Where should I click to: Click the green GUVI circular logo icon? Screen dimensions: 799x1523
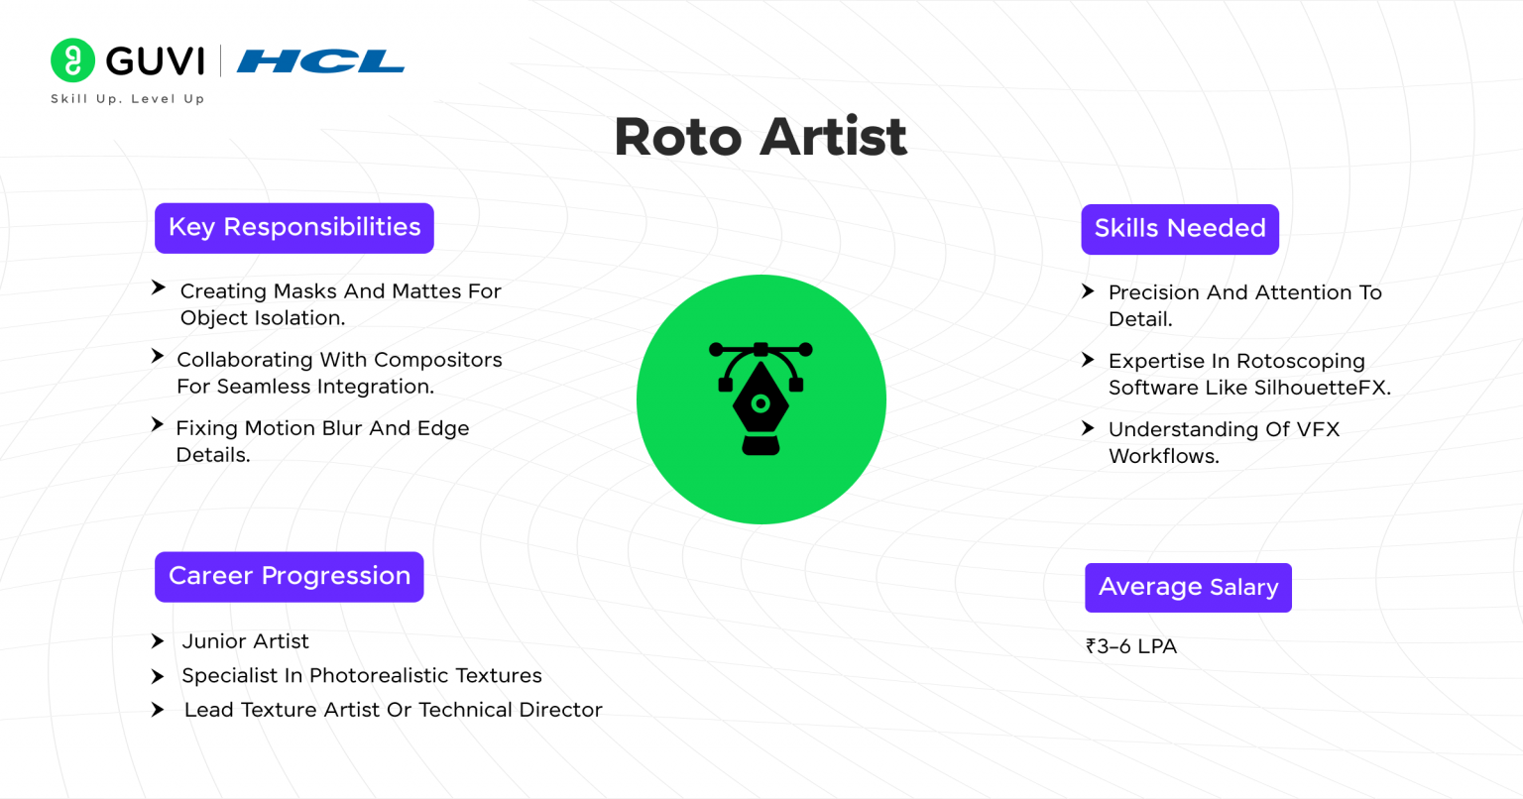point(72,60)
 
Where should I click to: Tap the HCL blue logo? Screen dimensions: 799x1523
point(320,61)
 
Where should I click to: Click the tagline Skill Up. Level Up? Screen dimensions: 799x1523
point(127,99)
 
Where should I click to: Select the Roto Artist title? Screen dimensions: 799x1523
point(761,137)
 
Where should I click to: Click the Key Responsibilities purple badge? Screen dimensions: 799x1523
point(294,228)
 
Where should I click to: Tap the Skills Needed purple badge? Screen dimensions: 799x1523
point(1180,229)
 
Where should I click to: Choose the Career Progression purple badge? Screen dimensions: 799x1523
point(290,577)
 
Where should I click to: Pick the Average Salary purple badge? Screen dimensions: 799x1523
point(1188,588)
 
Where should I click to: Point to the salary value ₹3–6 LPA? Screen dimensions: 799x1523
point(1131,646)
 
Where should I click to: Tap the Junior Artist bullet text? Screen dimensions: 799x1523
point(245,641)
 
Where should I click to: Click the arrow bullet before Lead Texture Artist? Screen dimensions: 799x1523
point(158,710)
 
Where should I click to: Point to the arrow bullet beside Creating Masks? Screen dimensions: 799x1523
point(158,288)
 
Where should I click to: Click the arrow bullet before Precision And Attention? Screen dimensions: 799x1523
point(1088,291)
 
